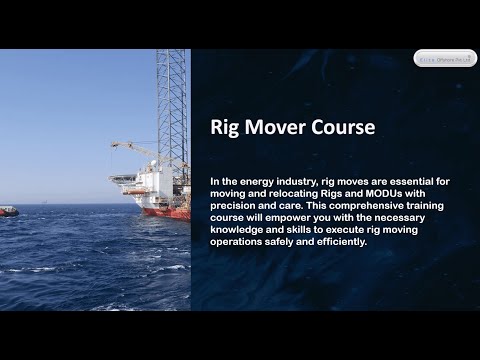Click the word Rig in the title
coord(225,128)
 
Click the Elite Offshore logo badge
coord(445,58)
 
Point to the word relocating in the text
coord(288,193)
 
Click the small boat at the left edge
coord(8,211)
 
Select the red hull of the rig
coord(165,212)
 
